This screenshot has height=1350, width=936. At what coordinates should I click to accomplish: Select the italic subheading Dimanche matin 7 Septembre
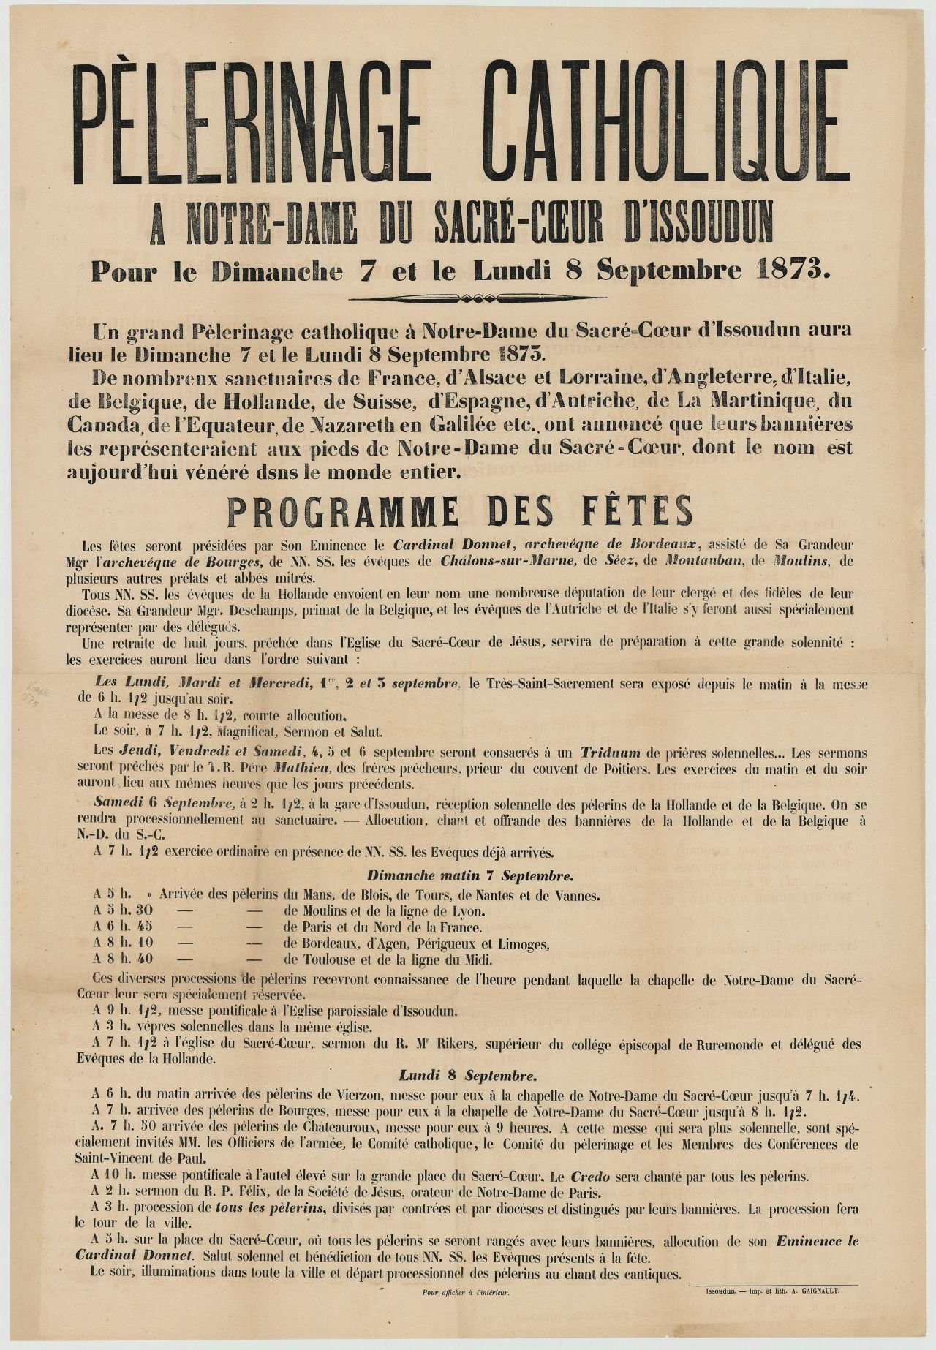(470, 875)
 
